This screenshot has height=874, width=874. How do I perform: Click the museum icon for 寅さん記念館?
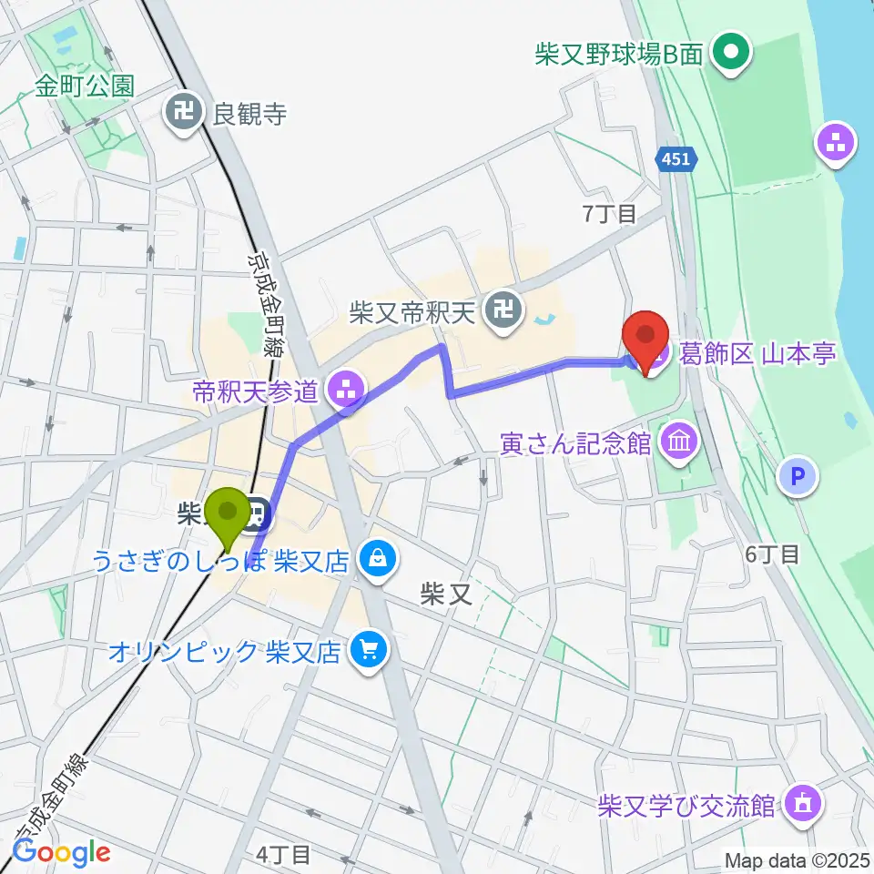(x=679, y=443)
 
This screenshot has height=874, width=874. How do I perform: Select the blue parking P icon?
(x=798, y=474)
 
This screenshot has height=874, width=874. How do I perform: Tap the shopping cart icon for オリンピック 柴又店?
(x=369, y=652)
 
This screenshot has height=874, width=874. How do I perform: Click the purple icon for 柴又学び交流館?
(x=804, y=804)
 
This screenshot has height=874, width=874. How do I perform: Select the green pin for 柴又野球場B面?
(x=730, y=54)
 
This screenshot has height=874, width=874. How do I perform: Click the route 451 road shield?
(x=676, y=159)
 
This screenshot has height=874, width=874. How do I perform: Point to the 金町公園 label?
(x=86, y=86)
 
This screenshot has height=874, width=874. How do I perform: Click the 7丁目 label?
(x=609, y=214)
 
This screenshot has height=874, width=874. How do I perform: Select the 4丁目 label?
(x=283, y=854)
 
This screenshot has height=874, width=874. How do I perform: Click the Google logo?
(x=61, y=852)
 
